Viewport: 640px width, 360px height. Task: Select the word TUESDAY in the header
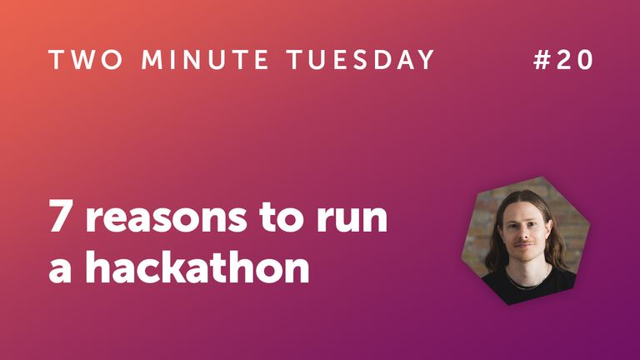pos(361,61)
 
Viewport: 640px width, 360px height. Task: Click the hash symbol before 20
pos(542,61)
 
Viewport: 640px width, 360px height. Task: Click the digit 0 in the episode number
pos(587,61)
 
